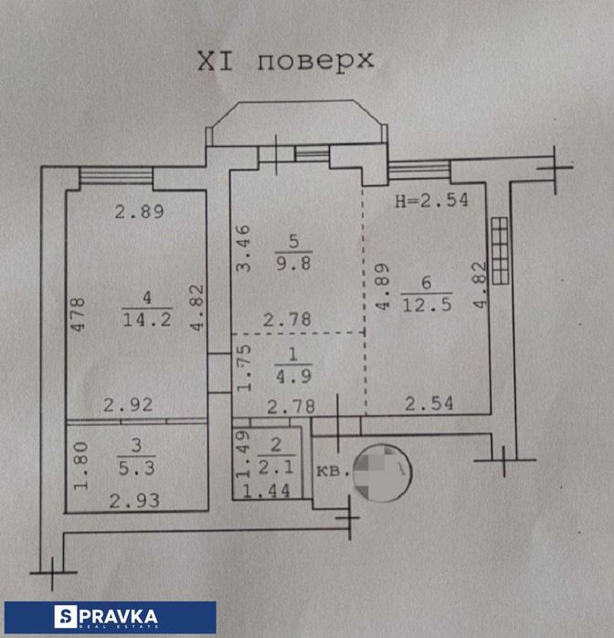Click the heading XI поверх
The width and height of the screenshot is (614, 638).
pyautogui.click(x=285, y=62)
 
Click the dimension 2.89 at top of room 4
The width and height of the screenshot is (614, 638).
pyautogui.click(x=138, y=213)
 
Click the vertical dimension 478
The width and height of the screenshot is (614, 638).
pyautogui.click(x=80, y=316)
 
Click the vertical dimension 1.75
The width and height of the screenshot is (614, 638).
pyautogui.click(x=242, y=369)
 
